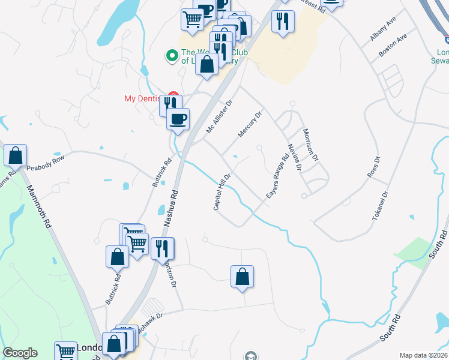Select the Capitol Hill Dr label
click(222, 192)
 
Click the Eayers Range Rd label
click(277, 178)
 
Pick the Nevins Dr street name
click(294, 157)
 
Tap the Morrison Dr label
click(310, 145)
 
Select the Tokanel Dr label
click(381, 206)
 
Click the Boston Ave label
click(393, 45)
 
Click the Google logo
click(20, 353)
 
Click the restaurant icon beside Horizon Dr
click(162, 247)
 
